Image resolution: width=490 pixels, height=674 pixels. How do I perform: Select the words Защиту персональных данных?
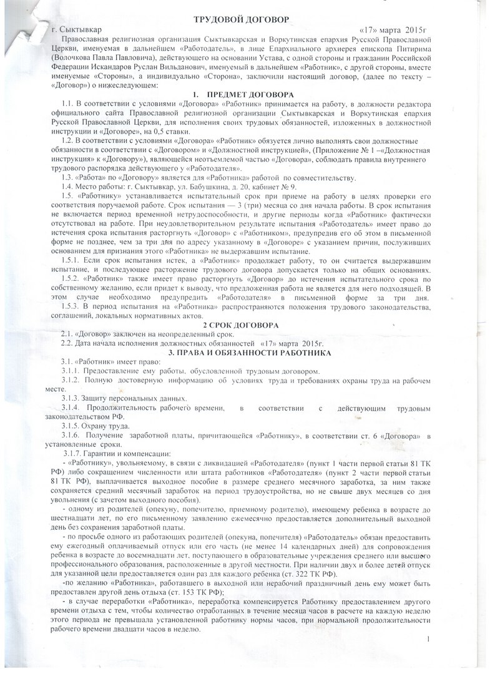tap(132, 398)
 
